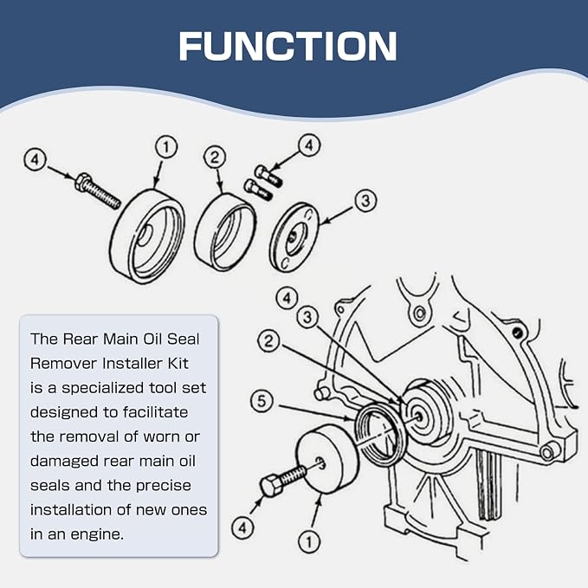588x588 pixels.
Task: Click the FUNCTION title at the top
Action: pyautogui.click(x=288, y=46)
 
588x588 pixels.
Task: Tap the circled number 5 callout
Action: pyautogui.click(x=262, y=401)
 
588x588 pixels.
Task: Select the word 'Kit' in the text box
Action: pyautogui.click(x=178, y=364)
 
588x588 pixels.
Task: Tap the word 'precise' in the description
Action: pyautogui.click(x=164, y=486)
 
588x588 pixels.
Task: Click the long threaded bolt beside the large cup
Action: pyautogui.click(x=98, y=191)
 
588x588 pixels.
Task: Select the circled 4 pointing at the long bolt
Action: pyautogui.click(x=35, y=160)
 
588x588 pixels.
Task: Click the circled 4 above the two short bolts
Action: pyautogui.click(x=309, y=145)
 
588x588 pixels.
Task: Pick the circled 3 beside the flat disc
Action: pyautogui.click(x=365, y=201)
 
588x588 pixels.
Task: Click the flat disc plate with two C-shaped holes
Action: pyautogui.click(x=294, y=237)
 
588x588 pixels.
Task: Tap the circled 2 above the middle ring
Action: pyautogui.click(x=215, y=157)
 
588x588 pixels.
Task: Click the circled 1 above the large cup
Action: pyautogui.click(x=166, y=147)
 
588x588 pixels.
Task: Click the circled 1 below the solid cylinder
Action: pyautogui.click(x=309, y=542)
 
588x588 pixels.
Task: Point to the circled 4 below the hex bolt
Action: pyautogui.click(x=242, y=528)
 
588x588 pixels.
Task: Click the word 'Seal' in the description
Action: pyautogui.click(x=183, y=339)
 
